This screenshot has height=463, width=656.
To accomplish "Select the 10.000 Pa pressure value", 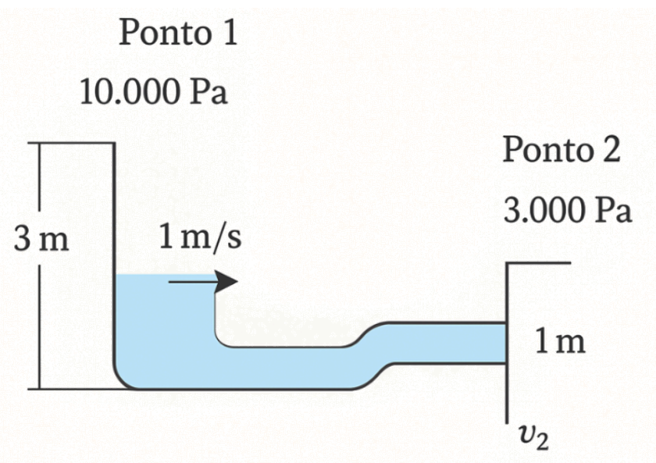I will point(153,93).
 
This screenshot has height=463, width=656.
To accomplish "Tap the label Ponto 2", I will point(562,149).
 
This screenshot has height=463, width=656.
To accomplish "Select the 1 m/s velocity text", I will point(200,237).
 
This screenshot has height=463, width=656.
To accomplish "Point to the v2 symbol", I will point(532,439).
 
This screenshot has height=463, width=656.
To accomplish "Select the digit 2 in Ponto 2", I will point(611,149).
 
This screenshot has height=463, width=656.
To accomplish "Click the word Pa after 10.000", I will point(209,93).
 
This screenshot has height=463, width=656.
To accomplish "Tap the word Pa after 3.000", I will point(613,210).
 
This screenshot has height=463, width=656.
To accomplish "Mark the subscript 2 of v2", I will point(541,444).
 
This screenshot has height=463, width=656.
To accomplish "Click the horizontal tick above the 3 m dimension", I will point(70,143).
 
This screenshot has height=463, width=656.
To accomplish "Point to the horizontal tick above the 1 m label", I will point(539,263).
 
